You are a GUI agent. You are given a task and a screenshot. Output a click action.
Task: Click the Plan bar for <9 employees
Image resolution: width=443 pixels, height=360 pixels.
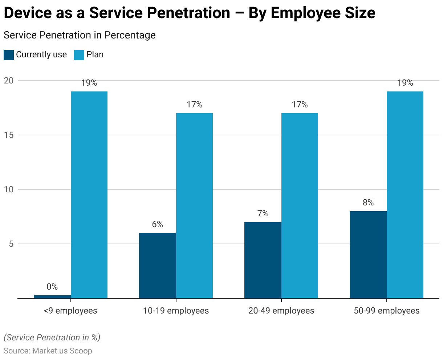[89, 195]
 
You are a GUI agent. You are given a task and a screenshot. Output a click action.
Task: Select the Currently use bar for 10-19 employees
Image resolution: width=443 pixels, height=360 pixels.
[158, 265]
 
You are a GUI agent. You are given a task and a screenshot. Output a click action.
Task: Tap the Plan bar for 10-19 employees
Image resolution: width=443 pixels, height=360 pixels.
[194, 205]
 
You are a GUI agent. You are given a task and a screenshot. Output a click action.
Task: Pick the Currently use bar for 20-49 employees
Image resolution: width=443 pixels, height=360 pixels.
[263, 260]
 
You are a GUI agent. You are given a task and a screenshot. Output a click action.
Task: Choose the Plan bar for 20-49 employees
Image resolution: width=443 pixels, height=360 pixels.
[300, 205]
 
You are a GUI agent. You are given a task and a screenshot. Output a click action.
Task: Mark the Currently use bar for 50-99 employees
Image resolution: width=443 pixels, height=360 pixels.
[368, 254]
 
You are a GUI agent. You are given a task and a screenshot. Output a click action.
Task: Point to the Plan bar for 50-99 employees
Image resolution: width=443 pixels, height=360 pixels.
[405, 195]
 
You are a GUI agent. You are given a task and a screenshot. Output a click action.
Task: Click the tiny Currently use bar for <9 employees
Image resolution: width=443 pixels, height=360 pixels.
[52, 296]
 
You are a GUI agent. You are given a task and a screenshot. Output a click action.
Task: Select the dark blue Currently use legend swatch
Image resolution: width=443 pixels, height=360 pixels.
[9, 55]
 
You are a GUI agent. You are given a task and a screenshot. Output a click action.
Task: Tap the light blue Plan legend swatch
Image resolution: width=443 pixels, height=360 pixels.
[79, 55]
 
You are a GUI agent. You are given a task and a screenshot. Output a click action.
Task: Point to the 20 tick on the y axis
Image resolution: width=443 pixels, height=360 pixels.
[9, 81]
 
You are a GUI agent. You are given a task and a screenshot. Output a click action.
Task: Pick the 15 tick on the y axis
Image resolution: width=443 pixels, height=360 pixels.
[9, 135]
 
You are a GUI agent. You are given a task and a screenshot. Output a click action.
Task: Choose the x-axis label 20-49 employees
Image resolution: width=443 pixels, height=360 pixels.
[281, 311]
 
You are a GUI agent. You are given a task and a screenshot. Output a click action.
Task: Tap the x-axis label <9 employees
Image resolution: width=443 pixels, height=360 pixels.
[70, 311]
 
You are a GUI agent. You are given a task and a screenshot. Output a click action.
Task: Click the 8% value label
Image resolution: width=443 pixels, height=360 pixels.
[368, 202]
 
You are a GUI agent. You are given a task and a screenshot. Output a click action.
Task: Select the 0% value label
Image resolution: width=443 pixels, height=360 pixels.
[52, 287]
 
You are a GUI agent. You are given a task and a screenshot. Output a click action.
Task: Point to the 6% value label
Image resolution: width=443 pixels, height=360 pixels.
[158, 224]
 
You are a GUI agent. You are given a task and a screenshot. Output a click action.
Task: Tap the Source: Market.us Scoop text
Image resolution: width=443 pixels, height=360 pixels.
[48, 351]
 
